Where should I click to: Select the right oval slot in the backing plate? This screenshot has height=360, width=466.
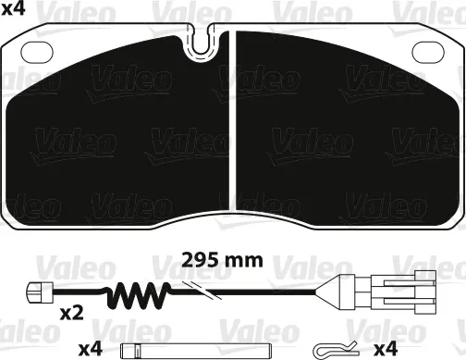(x=427, y=52)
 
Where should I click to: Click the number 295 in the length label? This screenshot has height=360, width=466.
(x=203, y=260)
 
